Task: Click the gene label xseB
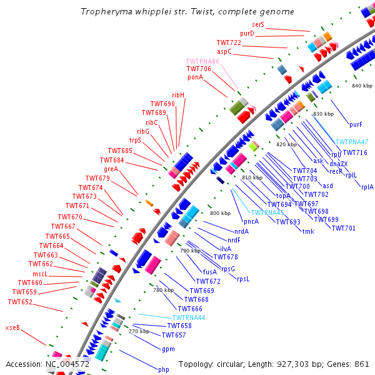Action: point(12,327)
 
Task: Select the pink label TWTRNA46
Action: point(202,61)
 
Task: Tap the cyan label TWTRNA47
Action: point(352,142)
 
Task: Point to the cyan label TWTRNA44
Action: point(188,317)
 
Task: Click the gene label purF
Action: point(356,124)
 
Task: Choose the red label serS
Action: point(258,25)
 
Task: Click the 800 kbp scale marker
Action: point(221,213)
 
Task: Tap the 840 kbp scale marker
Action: point(362,86)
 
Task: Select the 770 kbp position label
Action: point(139,331)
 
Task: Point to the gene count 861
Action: point(362,364)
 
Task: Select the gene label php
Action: point(163,369)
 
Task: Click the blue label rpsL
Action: point(243,279)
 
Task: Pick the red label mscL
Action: point(40,274)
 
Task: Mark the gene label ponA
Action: point(195,77)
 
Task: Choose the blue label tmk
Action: point(308,231)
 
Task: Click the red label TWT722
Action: point(229,42)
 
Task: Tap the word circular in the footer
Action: point(239,364)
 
